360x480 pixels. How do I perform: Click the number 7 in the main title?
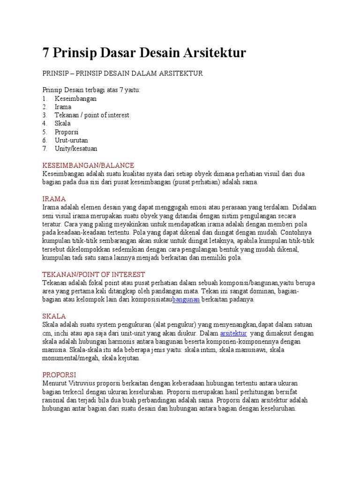point(46,53)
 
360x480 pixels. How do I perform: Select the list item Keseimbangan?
point(75,98)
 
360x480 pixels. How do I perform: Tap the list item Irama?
point(62,107)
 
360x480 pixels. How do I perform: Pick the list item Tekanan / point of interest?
point(91,115)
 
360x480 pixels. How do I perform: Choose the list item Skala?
point(62,123)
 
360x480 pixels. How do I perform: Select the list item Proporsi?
point(67,132)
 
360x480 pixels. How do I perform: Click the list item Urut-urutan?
point(71,140)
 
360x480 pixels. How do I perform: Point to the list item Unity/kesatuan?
point(76,149)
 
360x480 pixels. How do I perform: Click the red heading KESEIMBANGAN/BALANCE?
point(88,165)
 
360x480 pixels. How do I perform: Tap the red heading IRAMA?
point(54,199)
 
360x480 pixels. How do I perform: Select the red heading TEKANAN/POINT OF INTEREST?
point(94,274)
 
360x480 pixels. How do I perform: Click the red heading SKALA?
point(54,316)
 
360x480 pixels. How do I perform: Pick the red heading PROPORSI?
point(59,375)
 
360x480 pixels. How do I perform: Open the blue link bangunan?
point(186,300)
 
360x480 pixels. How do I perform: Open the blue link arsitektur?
point(233,333)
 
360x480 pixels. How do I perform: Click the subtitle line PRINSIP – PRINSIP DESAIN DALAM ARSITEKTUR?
point(122,74)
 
